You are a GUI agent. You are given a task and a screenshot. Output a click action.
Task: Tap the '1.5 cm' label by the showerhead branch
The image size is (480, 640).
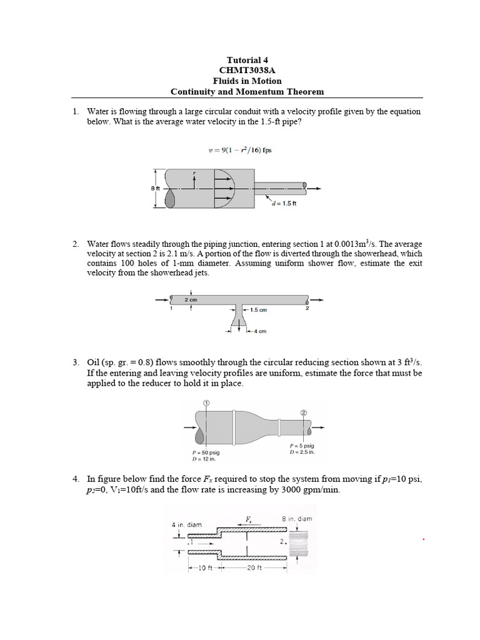click(x=258, y=309)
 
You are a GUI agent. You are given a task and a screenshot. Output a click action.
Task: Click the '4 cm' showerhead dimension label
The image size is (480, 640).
click(x=258, y=331)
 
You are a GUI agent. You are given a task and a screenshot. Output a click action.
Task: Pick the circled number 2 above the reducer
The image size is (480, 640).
click(x=304, y=412)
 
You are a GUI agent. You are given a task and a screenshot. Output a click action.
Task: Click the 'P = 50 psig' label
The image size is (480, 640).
click(x=205, y=452)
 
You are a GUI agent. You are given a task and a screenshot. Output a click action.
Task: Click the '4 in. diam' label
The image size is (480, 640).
click(x=187, y=524)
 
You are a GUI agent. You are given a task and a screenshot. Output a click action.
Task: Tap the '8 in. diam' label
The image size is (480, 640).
click(x=297, y=518)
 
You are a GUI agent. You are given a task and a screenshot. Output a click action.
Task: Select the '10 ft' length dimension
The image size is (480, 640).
click(x=202, y=568)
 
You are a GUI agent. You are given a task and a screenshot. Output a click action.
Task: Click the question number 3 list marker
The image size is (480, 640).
click(x=75, y=362)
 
